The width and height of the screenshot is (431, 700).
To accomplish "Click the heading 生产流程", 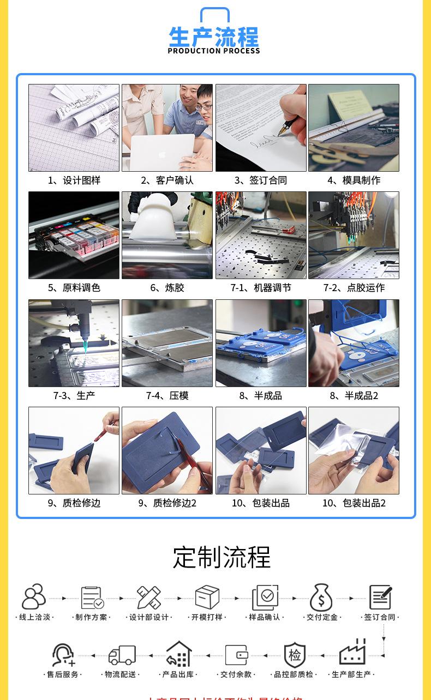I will (x=214, y=37).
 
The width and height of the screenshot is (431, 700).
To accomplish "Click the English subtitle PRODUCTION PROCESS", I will (x=214, y=51).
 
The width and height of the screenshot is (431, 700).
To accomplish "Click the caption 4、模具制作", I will (x=354, y=180).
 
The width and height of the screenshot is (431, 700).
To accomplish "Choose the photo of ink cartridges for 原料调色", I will (x=74, y=235).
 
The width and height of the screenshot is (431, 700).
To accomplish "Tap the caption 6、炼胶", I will (x=167, y=288).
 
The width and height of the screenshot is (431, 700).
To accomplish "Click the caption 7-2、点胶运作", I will (x=354, y=288).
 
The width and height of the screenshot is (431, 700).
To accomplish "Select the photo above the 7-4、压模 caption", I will (x=167, y=343).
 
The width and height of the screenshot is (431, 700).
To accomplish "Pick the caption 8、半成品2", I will (x=354, y=396).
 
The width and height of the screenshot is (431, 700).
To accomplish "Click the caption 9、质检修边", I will (x=74, y=503).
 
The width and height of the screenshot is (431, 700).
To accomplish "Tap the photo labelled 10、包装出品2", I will (x=354, y=450).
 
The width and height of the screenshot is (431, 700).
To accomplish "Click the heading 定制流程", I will (x=222, y=557).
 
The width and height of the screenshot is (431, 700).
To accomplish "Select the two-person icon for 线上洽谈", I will (x=34, y=597).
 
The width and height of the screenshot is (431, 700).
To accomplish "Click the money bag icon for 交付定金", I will (x=321, y=598).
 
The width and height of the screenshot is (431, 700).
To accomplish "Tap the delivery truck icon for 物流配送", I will (x=122, y=655).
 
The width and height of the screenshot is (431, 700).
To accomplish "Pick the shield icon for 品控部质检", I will (x=295, y=655).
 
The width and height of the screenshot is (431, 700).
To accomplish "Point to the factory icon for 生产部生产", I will (x=352, y=653).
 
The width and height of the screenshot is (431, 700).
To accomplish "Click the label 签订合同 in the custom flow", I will (x=380, y=617).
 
